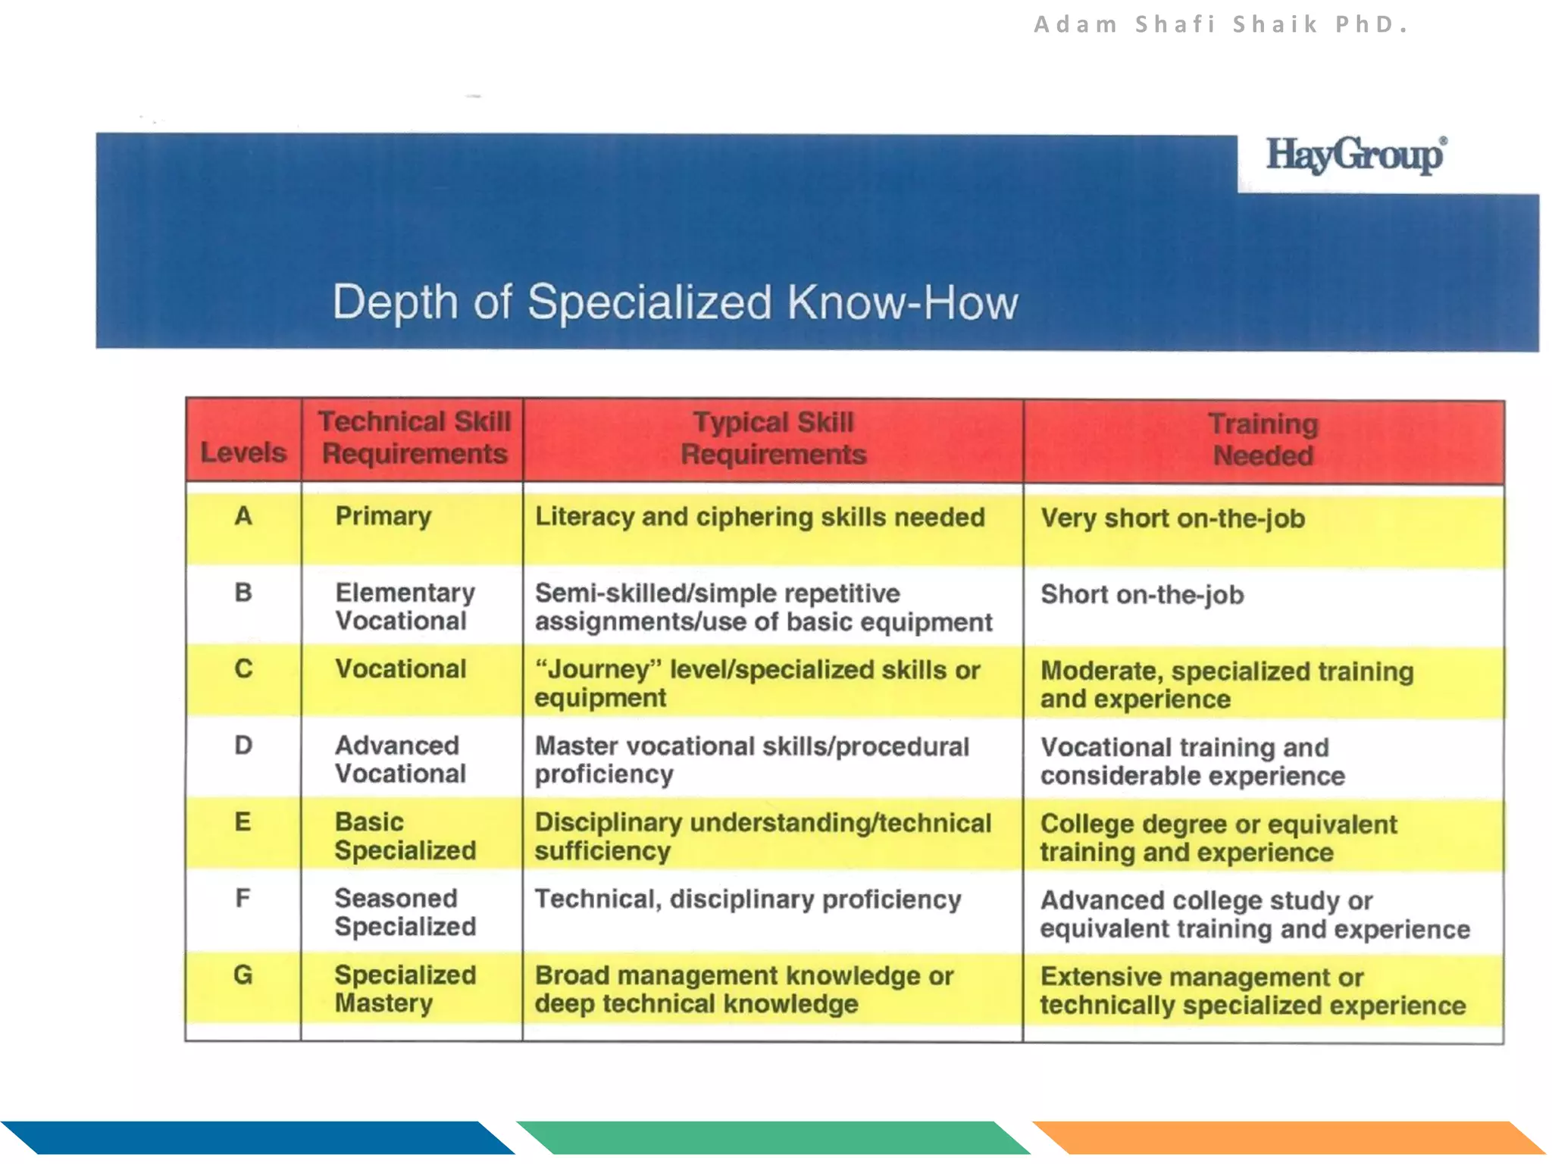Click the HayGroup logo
[1356, 156]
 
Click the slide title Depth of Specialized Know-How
[674, 302]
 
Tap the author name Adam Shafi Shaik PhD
[1221, 25]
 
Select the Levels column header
[243, 452]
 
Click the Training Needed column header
[1263, 440]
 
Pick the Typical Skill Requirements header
[773, 438]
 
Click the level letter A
[243, 516]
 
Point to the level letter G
[243, 975]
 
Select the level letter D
[243, 745]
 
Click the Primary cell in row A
[383, 516]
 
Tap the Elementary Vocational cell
[405, 606]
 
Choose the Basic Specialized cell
[405, 836]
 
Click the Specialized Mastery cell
[405, 988]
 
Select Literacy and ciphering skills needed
[759, 517]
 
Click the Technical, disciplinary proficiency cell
[748, 899]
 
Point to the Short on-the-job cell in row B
[1142, 595]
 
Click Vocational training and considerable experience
[1191, 761]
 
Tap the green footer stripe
[773, 1137]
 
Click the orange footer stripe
[1288, 1137]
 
